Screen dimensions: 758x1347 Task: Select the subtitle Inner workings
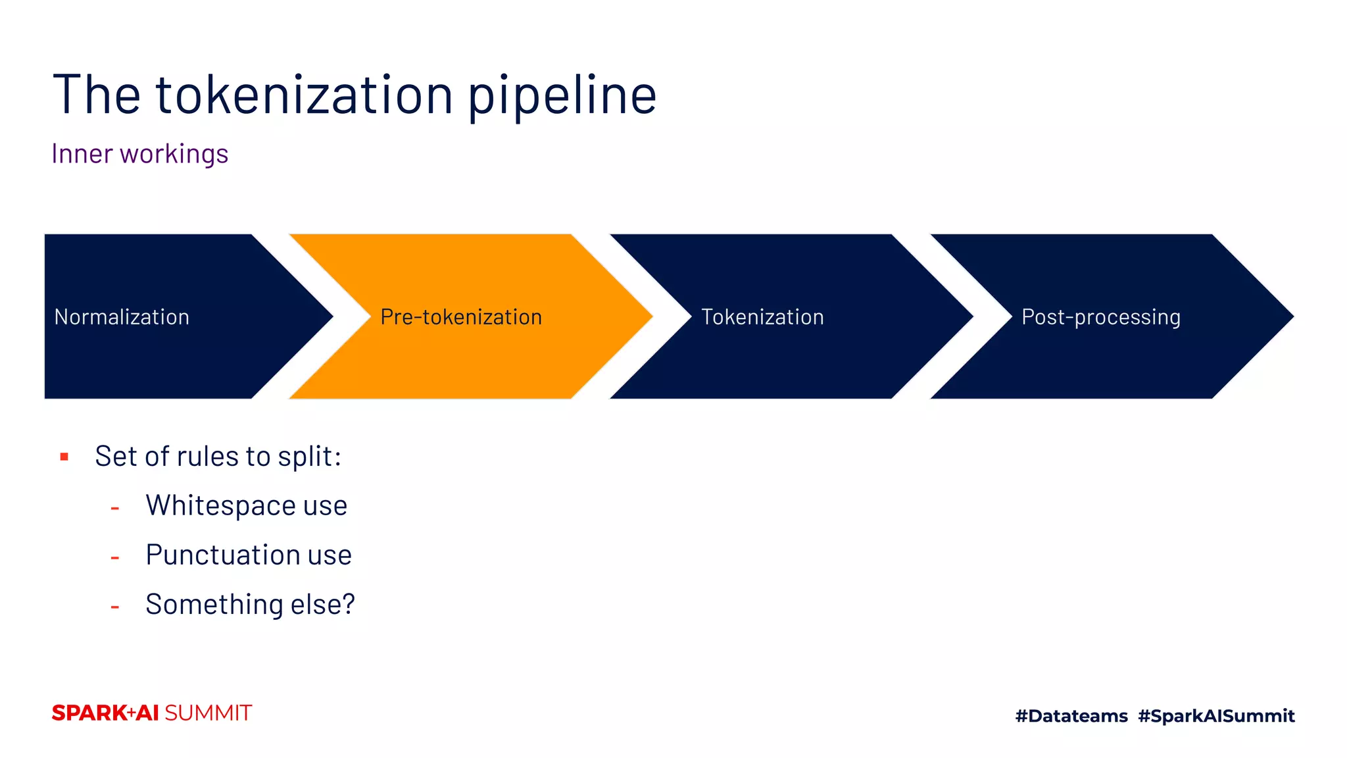tap(139, 154)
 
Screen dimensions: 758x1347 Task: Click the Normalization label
tap(122, 317)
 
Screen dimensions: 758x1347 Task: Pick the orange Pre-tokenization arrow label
tap(461, 317)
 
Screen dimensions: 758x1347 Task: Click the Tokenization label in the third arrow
tap(762, 317)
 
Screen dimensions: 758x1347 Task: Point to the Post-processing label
tap(1100, 317)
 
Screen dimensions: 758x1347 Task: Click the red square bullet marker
tap(64, 457)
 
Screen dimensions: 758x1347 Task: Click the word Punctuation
tap(222, 555)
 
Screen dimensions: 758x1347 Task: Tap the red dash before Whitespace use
tap(115, 508)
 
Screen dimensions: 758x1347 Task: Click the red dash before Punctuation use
tap(115, 558)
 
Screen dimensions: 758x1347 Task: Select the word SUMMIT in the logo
tap(208, 713)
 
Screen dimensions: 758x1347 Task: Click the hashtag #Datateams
tap(1071, 716)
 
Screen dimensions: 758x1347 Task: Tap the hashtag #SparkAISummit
tap(1216, 716)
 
